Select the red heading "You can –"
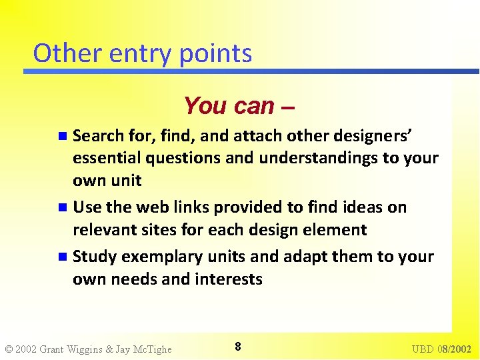coord(239,105)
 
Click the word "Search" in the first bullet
coord(98,136)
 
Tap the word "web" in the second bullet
coord(155,207)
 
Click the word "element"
coord(333,230)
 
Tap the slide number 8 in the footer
coord(238,347)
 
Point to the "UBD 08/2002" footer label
coord(441,349)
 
